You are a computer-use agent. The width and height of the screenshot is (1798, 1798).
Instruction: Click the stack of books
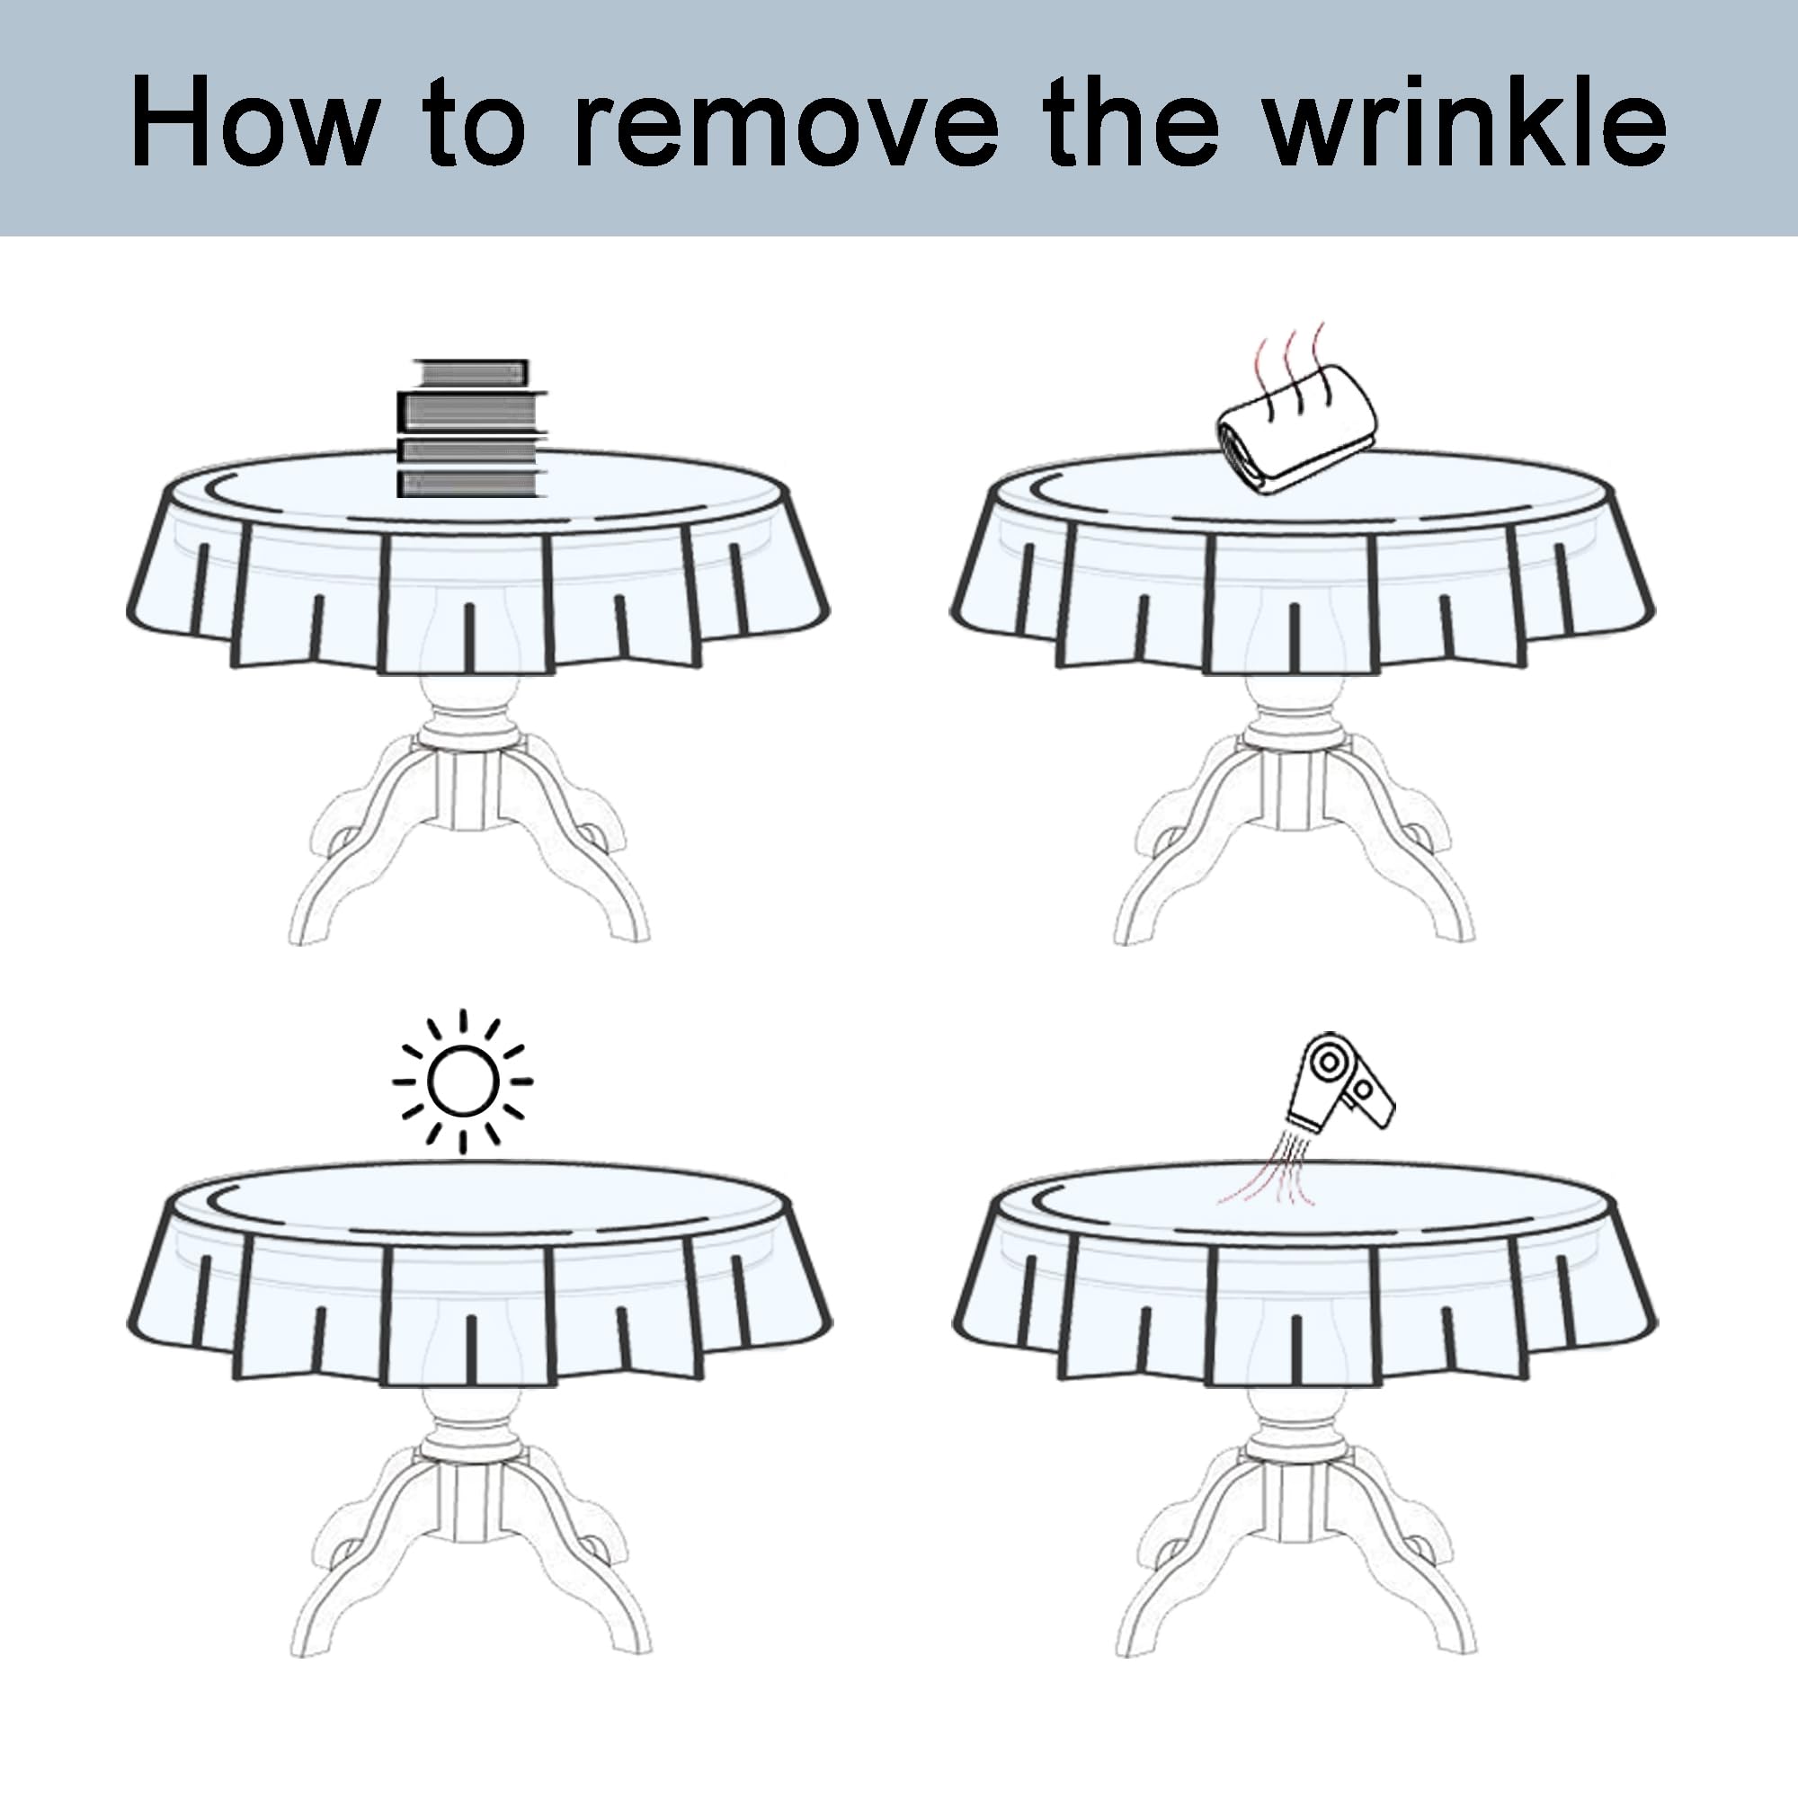coord(470,428)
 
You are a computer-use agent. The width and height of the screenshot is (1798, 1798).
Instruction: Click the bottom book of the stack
coord(470,484)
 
